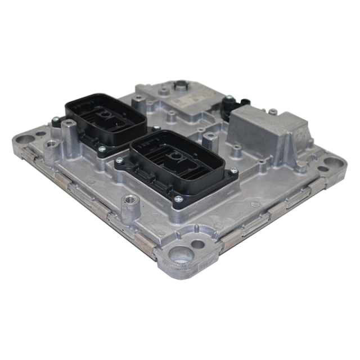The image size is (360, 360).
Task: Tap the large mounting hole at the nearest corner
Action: tap(182, 256)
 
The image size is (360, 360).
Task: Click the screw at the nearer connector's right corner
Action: tap(233, 172)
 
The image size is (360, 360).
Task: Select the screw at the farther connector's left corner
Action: tap(55, 120)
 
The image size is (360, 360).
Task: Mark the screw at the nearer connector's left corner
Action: tap(119, 161)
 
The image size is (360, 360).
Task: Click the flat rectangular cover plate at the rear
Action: tap(180, 96)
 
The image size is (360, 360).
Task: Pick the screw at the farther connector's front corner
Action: tap(102, 149)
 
